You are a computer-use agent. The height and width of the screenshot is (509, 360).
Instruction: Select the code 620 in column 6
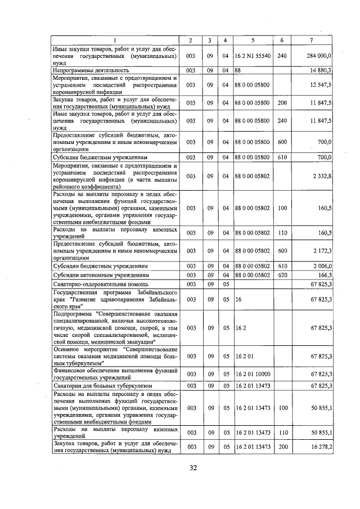(x=282, y=275)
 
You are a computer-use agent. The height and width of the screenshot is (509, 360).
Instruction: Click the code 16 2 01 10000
(x=253, y=373)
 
